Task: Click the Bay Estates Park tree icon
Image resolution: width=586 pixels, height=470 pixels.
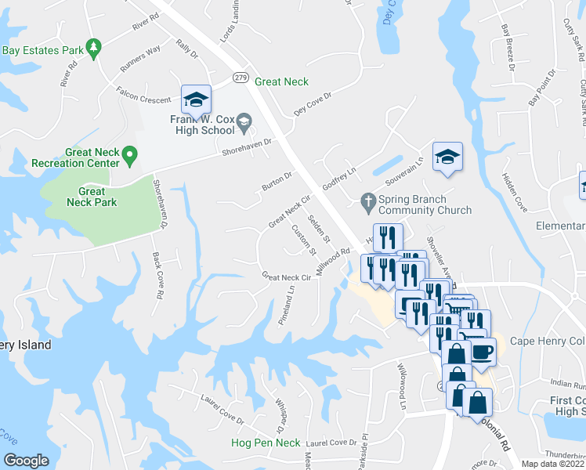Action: point(94,49)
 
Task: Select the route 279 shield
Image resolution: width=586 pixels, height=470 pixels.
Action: point(241,77)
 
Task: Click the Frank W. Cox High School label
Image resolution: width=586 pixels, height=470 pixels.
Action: point(201,125)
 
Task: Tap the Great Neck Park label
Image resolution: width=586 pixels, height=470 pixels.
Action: point(92,197)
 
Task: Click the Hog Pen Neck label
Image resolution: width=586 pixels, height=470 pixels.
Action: point(266,443)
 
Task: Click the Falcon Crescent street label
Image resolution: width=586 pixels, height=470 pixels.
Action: point(143,100)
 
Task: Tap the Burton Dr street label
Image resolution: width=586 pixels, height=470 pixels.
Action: point(277,182)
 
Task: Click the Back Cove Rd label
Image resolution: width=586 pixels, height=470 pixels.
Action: point(157,277)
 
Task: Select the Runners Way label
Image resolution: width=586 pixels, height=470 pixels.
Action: point(140,60)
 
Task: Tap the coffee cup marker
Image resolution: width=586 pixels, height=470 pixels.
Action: point(482,349)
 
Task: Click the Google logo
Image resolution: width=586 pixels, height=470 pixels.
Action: point(27,461)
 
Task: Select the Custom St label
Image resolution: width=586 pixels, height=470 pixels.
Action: point(302,240)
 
